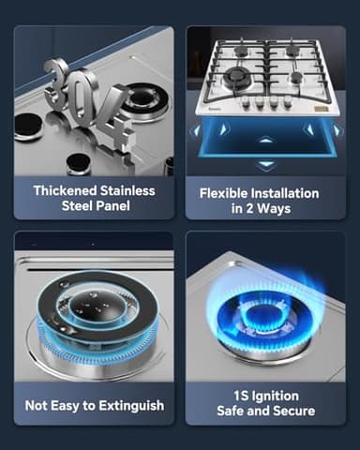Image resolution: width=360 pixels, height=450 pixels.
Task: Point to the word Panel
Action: (129, 205)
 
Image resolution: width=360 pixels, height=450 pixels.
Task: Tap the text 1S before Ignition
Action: (226, 396)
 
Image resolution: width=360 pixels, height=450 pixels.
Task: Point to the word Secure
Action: (292, 412)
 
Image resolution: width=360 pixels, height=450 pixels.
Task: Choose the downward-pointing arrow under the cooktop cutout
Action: (265, 164)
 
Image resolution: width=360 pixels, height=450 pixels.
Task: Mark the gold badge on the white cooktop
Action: (324, 111)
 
